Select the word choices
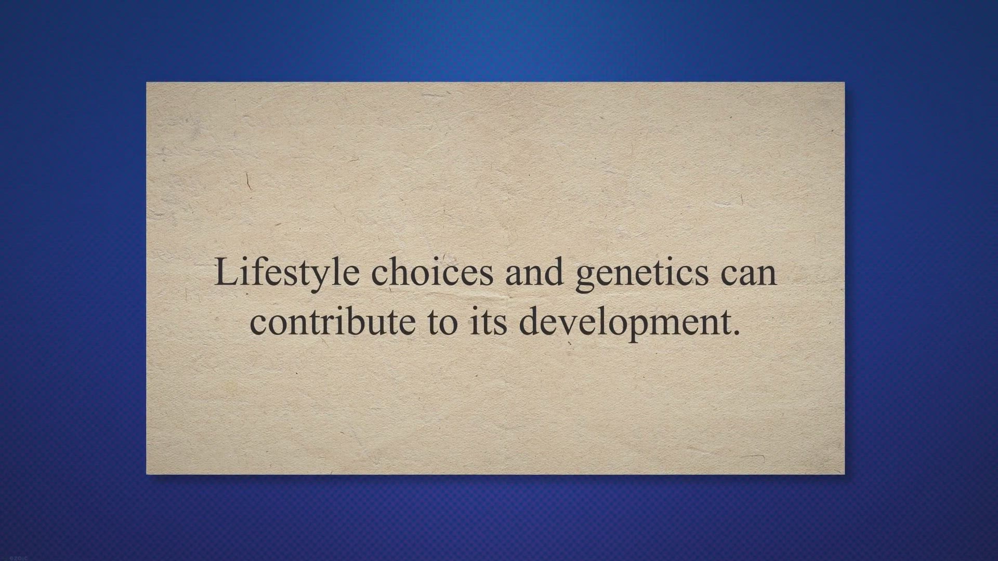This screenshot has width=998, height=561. (x=432, y=271)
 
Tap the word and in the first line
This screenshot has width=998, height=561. (x=534, y=271)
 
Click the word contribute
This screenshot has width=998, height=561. (x=333, y=320)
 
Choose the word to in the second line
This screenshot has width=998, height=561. (x=443, y=323)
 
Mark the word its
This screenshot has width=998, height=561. (x=488, y=321)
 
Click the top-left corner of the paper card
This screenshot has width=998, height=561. (x=147, y=82)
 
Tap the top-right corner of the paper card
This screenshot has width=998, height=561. (x=845, y=82)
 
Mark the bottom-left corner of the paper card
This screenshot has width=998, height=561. (x=147, y=474)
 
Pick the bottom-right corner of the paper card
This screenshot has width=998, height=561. (x=845, y=474)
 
